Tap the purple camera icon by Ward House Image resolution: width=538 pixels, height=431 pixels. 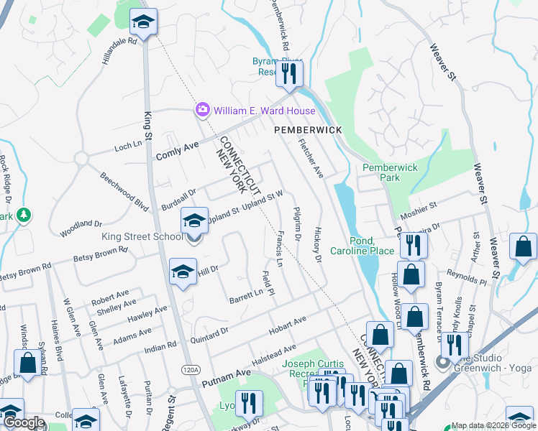click(202, 110)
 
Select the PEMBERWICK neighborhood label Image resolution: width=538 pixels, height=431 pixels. click(306, 130)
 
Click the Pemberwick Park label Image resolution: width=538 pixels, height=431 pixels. click(390, 172)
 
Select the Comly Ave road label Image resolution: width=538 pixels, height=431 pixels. click(177, 145)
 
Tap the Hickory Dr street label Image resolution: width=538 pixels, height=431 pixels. click(316, 244)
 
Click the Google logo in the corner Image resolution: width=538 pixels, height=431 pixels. click(24, 423)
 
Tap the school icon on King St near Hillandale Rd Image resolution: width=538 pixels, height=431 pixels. click(142, 23)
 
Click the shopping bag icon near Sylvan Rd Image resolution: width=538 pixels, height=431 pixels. click(28, 364)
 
